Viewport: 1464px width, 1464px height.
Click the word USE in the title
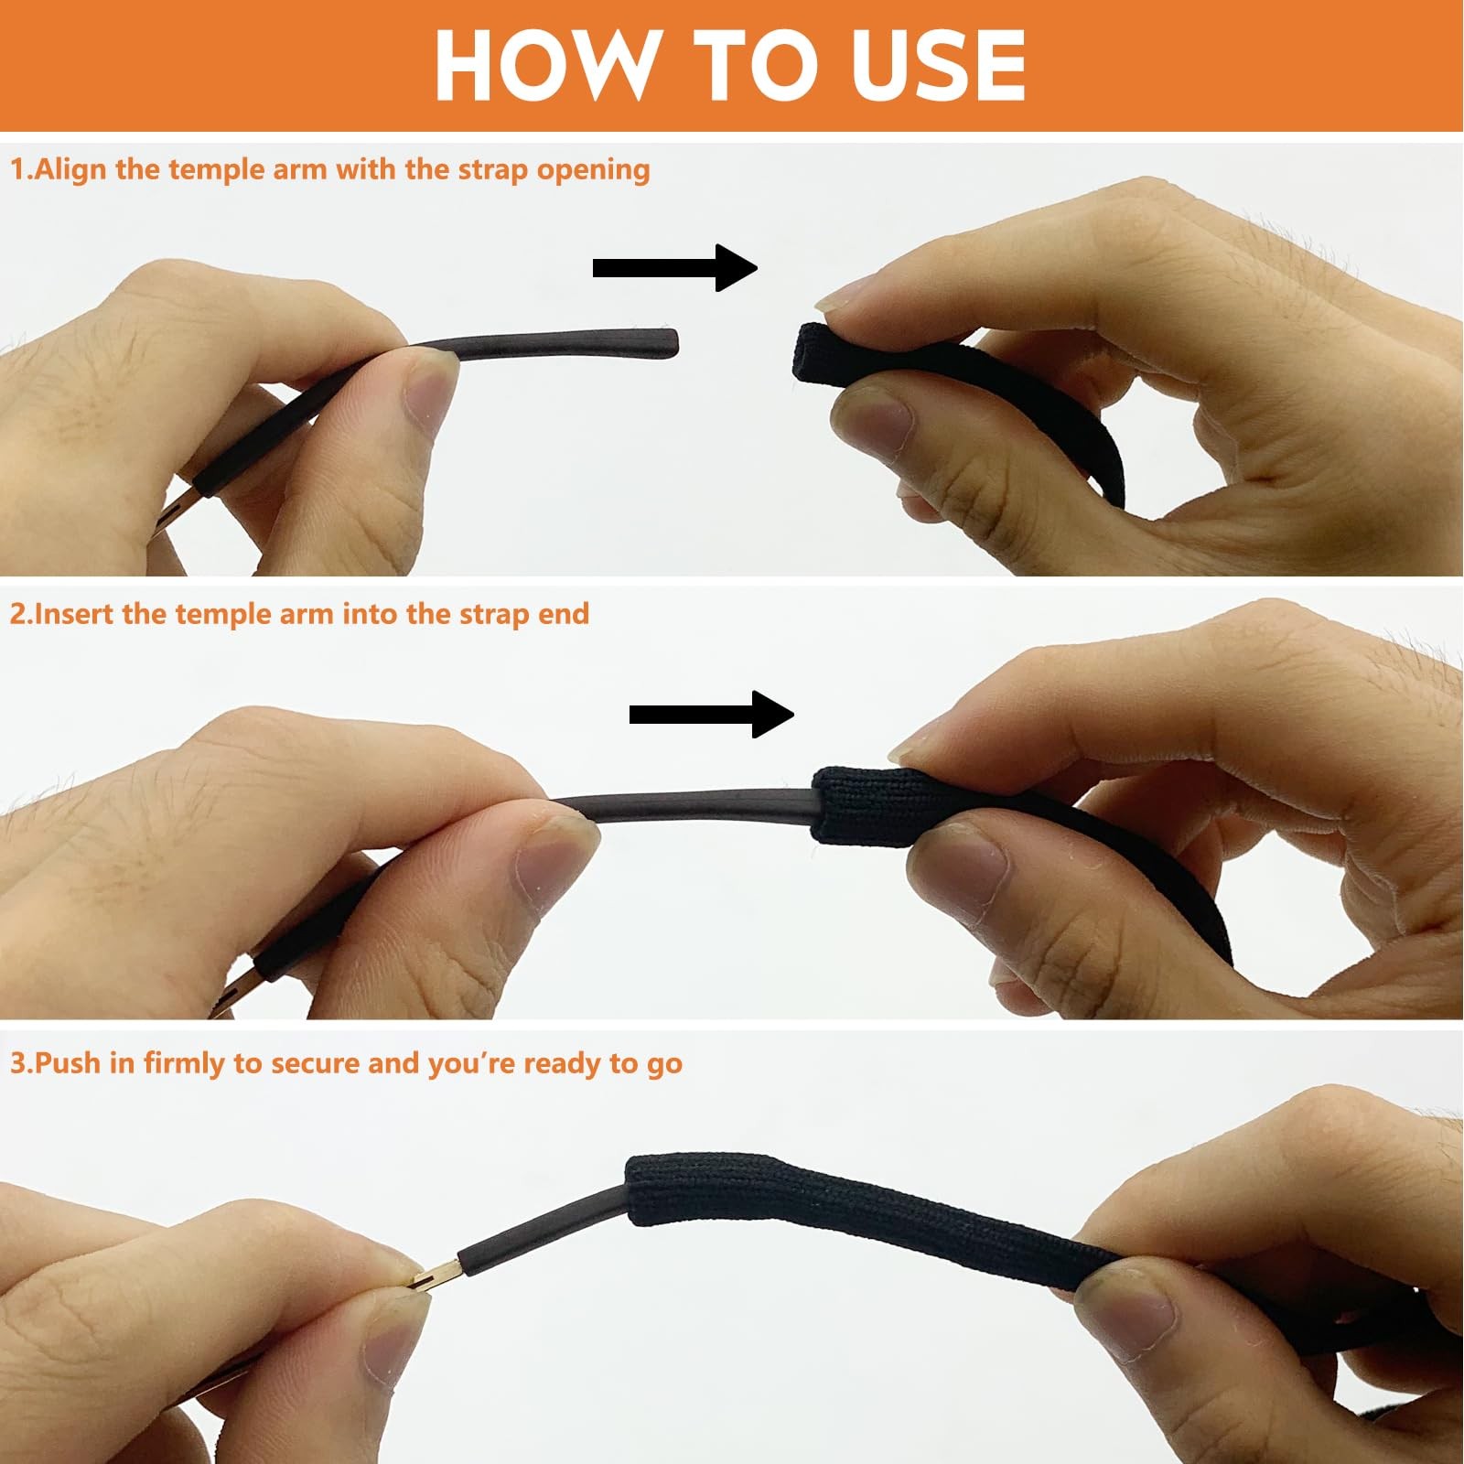tap(939, 65)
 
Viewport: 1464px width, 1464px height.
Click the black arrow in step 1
tap(675, 268)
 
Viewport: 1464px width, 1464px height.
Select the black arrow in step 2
tap(712, 715)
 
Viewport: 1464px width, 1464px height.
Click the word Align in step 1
tap(71, 171)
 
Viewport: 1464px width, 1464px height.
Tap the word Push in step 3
tap(67, 1063)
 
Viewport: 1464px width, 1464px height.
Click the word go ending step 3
tap(665, 1067)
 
